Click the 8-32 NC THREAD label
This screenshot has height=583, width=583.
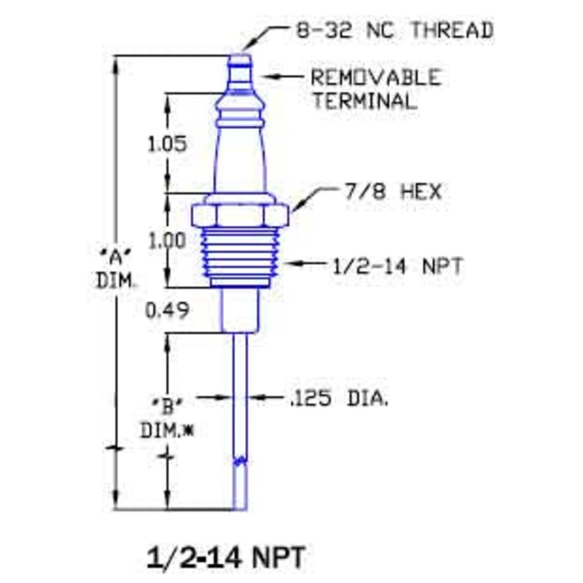point(394,31)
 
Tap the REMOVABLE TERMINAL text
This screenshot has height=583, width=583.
point(375,88)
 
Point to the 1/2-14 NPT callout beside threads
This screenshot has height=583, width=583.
point(396,265)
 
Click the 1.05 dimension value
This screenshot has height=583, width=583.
point(167,144)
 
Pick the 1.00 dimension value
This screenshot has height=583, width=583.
point(167,240)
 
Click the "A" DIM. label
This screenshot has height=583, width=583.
point(115,267)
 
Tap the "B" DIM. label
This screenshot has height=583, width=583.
point(167,415)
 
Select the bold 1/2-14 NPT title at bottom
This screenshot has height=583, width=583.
point(226,558)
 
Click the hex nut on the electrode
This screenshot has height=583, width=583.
point(240,216)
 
